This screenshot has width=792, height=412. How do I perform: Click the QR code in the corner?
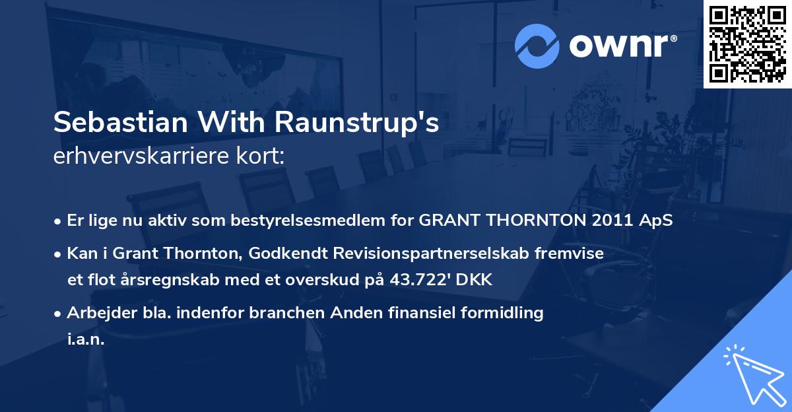click(748, 44)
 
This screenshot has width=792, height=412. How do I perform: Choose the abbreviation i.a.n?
click(86, 339)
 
